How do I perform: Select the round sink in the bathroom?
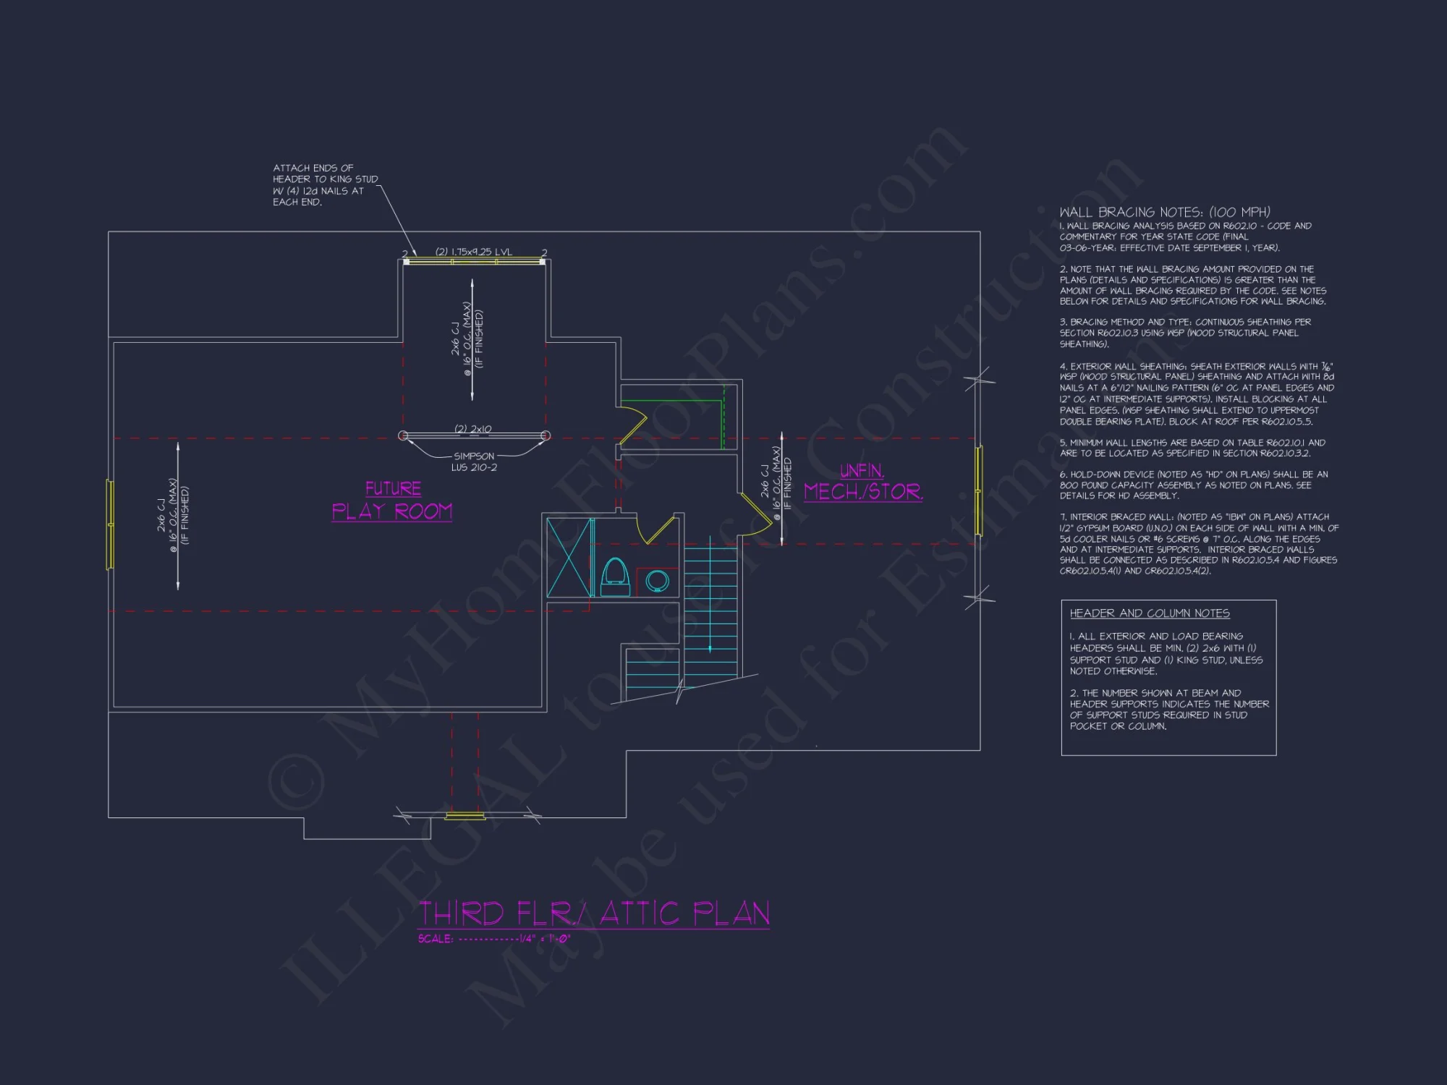click(657, 580)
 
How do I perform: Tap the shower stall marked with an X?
click(569, 558)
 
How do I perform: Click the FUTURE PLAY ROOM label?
click(392, 501)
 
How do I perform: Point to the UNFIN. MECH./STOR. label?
click(862, 483)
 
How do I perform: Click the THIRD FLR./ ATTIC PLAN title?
click(593, 914)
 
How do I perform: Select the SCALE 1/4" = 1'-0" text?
click(494, 939)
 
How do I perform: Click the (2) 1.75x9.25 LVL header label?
click(473, 252)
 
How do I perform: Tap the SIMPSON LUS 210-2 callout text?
click(474, 461)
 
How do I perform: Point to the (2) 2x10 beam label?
click(472, 429)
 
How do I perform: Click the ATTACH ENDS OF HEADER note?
click(325, 185)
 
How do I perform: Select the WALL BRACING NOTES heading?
click(1164, 212)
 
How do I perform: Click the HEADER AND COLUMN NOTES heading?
click(1150, 613)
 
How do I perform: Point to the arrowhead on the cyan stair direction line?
click(710, 649)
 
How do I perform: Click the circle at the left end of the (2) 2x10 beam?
click(403, 435)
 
